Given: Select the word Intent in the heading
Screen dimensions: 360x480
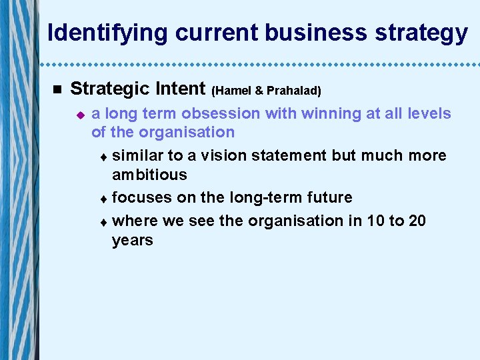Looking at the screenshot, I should [181, 88].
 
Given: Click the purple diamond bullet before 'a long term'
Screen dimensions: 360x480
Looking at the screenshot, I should [80, 115].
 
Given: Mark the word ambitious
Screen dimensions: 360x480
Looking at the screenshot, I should [149, 175].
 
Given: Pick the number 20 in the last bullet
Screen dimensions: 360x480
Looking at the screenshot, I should [417, 221].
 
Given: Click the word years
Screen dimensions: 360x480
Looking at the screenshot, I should [132, 240].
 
